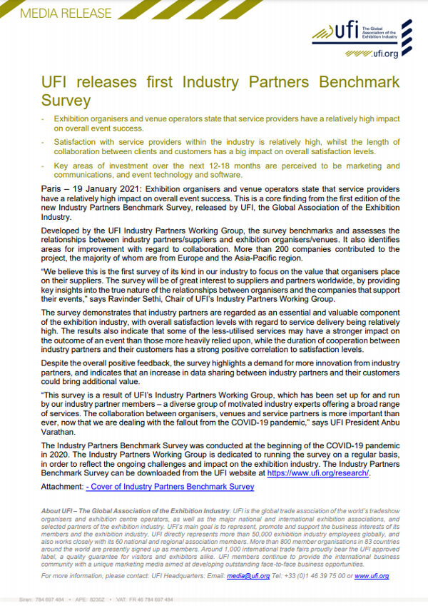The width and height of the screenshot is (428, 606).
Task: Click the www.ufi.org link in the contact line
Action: [372, 575]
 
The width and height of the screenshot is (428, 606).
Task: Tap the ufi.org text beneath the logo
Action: [384, 52]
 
